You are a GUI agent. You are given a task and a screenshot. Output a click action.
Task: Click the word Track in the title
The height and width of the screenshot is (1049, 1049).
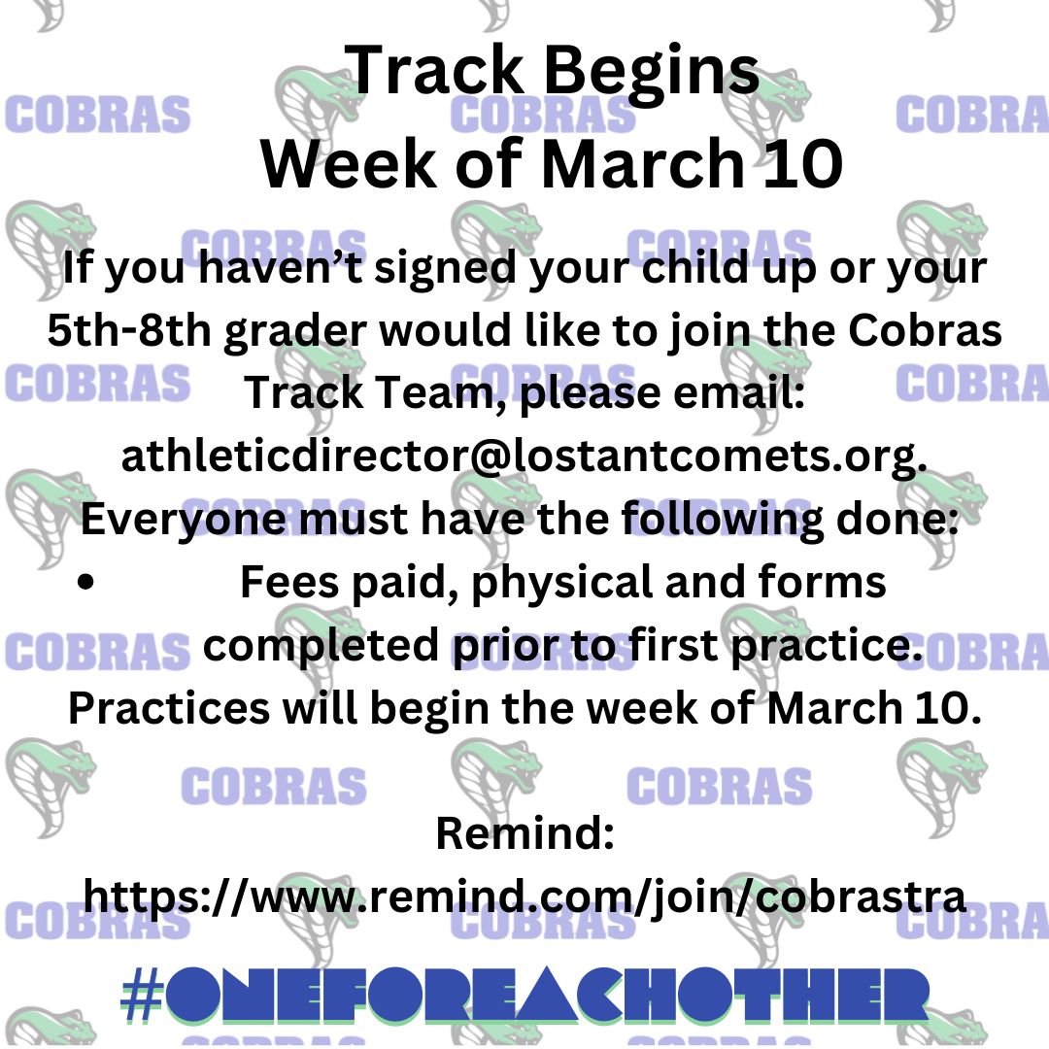click(434, 70)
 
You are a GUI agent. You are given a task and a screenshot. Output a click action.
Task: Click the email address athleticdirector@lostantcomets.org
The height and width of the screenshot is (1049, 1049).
click(524, 457)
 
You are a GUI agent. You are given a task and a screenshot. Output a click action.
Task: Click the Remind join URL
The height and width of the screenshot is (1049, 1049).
click(524, 897)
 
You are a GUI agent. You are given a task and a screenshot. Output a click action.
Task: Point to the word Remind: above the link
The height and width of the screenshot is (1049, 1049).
click(525, 833)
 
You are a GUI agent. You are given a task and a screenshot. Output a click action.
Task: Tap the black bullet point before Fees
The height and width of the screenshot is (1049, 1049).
click(85, 582)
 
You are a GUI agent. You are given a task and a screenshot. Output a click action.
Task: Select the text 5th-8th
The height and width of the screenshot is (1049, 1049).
click(129, 330)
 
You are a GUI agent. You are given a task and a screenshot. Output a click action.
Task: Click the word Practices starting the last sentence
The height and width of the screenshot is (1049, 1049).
click(169, 708)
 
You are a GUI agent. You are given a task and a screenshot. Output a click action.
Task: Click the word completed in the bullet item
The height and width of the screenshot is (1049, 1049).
click(321, 646)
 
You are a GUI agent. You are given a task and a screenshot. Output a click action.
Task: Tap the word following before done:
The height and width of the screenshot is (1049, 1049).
click(723, 521)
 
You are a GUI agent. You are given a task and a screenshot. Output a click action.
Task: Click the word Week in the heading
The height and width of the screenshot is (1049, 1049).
click(349, 164)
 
